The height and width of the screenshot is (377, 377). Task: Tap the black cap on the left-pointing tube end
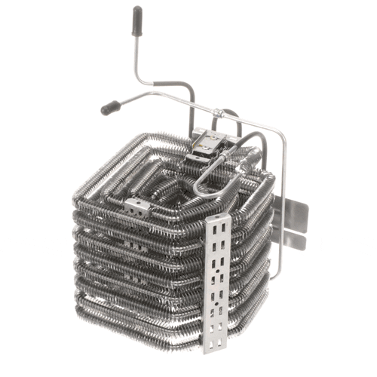(x=109, y=109)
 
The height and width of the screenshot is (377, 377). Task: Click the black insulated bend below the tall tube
(x=184, y=89)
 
